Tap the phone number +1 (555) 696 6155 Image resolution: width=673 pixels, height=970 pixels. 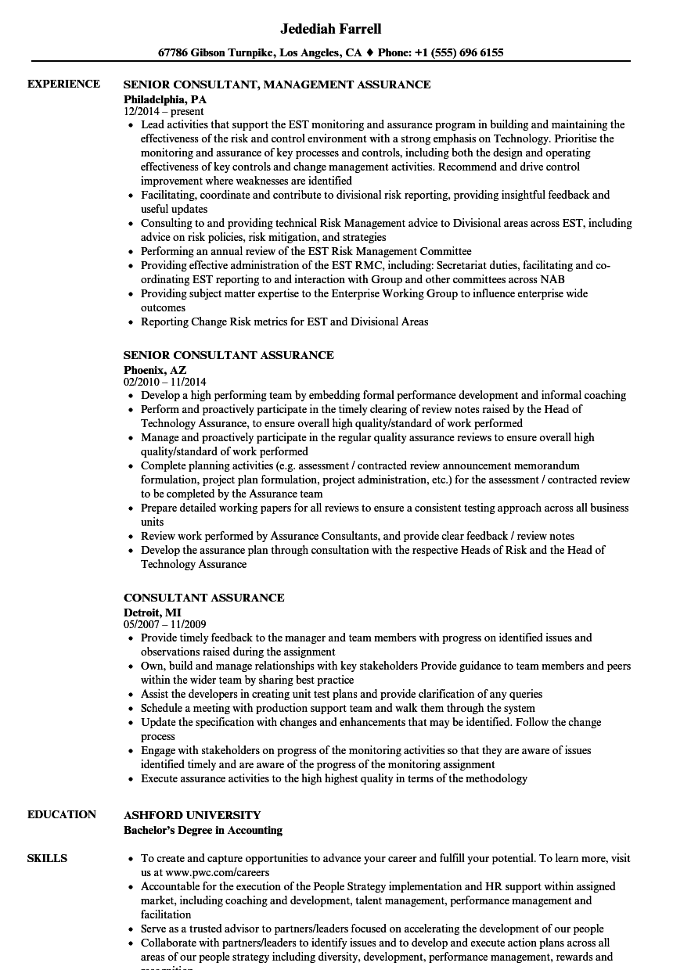(462, 53)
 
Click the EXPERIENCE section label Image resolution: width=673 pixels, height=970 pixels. (63, 84)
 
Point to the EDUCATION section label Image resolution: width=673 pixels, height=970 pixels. (62, 814)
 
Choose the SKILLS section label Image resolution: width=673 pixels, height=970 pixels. (47, 858)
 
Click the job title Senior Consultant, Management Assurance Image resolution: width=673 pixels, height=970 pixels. (277, 84)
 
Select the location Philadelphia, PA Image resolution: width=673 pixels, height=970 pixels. (165, 99)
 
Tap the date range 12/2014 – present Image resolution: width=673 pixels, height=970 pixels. (164, 112)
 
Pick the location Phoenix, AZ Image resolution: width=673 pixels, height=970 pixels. (155, 369)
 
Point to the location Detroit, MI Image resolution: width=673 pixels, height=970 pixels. (153, 612)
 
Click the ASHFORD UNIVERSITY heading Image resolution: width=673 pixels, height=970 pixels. (193, 815)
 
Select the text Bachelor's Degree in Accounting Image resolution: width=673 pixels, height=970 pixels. (203, 830)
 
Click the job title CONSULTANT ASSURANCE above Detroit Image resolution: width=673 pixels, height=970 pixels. (203, 598)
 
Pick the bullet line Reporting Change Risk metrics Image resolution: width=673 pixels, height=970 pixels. (284, 322)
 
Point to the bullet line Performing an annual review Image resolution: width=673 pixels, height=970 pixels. (306, 251)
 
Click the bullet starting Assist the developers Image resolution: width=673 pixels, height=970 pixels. (341, 694)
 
